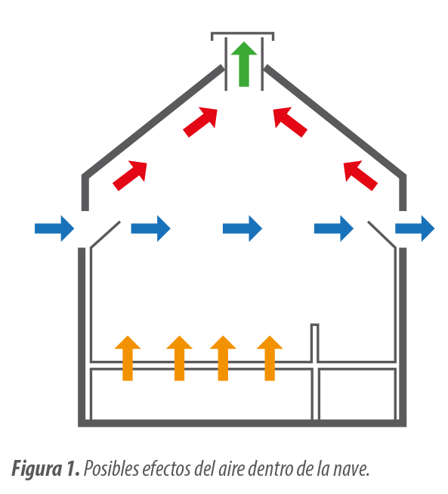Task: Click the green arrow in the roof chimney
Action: coord(244,64)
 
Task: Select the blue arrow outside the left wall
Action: coord(54,228)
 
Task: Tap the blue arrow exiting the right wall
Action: coord(415,228)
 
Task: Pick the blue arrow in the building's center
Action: coord(243,228)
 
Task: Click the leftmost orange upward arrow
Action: coord(128,358)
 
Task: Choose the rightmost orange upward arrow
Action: coord(270,358)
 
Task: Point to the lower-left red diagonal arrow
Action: coord(130,176)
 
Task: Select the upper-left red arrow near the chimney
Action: coord(200,123)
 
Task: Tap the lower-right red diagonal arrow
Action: coord(360,176)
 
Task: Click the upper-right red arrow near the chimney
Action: coord(290,123)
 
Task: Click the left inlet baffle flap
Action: coord(105,235)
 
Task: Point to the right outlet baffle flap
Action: coord(382,235)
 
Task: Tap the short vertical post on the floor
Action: coord(314,342)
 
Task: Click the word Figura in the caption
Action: coord(36,469)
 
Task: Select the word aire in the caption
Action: coord(231,469)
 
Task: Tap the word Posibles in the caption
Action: coord(111,469)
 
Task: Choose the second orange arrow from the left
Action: coord(179,358)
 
